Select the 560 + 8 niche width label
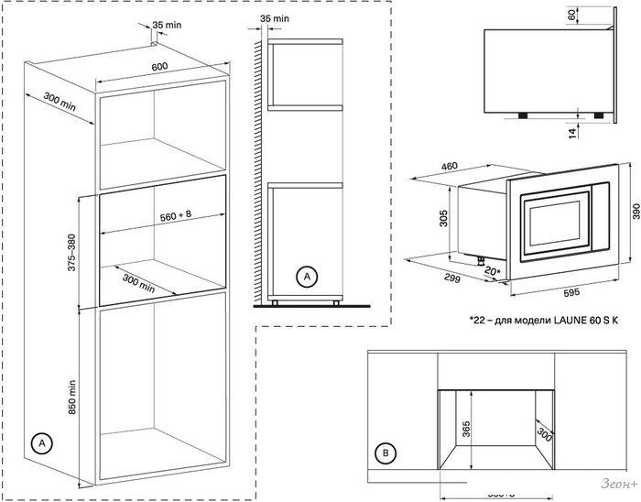coord(168,217)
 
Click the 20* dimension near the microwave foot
coord(492,272)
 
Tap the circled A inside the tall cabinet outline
coord(39,443)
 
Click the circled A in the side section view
coord(308,276)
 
